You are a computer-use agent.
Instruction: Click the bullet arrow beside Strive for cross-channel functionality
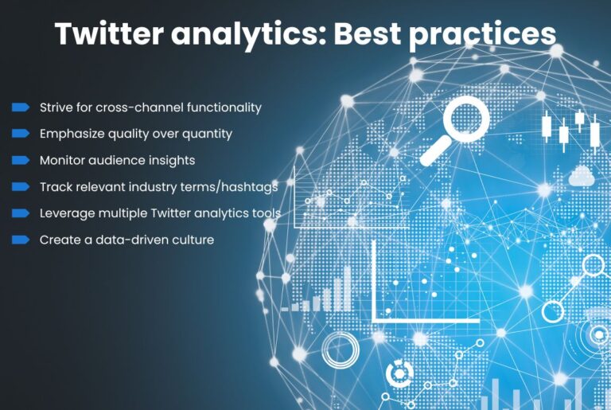pyautogui.click(x=20, y=107)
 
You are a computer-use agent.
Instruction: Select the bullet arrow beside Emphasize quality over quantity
pyautogui.click(x=20, y=133)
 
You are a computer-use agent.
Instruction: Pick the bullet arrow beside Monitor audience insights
pyautogui.click(x=20, y=160)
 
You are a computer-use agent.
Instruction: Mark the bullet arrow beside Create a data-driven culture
pyautogui.click(x=20, y=239)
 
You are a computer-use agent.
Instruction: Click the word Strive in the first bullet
pyautogui.click(x=56, y=107)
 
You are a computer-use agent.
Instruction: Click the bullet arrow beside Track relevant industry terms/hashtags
pyautogui.click(x=20, y=186)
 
